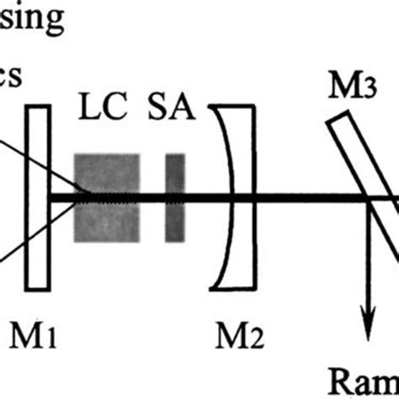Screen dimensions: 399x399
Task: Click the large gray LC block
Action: coord(107,198)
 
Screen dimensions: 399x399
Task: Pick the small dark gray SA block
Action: coord(174,199)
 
